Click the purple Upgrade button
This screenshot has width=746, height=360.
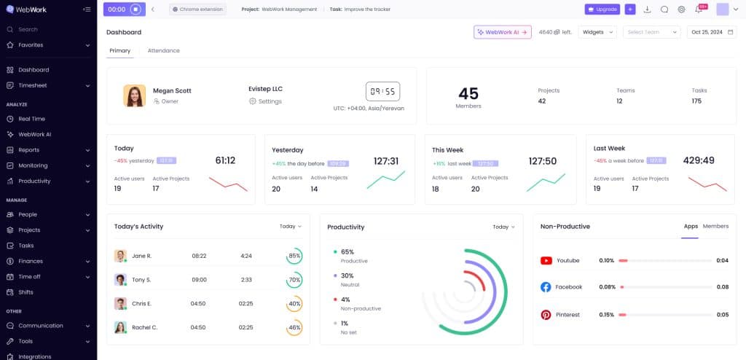coord(602,9)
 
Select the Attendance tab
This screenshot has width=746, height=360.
coord(163,50)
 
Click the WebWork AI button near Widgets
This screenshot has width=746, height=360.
coord(502,32)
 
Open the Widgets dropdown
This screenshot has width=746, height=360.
coord(597,32)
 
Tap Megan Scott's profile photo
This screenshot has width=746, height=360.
coord(134,95)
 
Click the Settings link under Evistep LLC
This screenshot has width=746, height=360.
coord(269,101)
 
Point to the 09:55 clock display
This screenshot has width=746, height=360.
coord(382,91)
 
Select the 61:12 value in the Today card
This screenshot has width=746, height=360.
coord(225,160)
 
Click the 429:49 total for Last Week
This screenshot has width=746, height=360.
coord(699,160)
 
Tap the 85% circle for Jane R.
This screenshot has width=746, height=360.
coord(294,256)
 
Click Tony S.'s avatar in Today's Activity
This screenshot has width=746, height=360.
coord(120,280)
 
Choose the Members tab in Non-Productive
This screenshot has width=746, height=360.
coord(715,226)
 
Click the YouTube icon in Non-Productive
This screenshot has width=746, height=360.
coord(546,260)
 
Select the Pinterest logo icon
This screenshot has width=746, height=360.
coord(546,315)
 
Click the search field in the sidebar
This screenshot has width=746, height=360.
coord(44,29)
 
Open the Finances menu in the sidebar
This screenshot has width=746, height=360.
coord(31,261)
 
